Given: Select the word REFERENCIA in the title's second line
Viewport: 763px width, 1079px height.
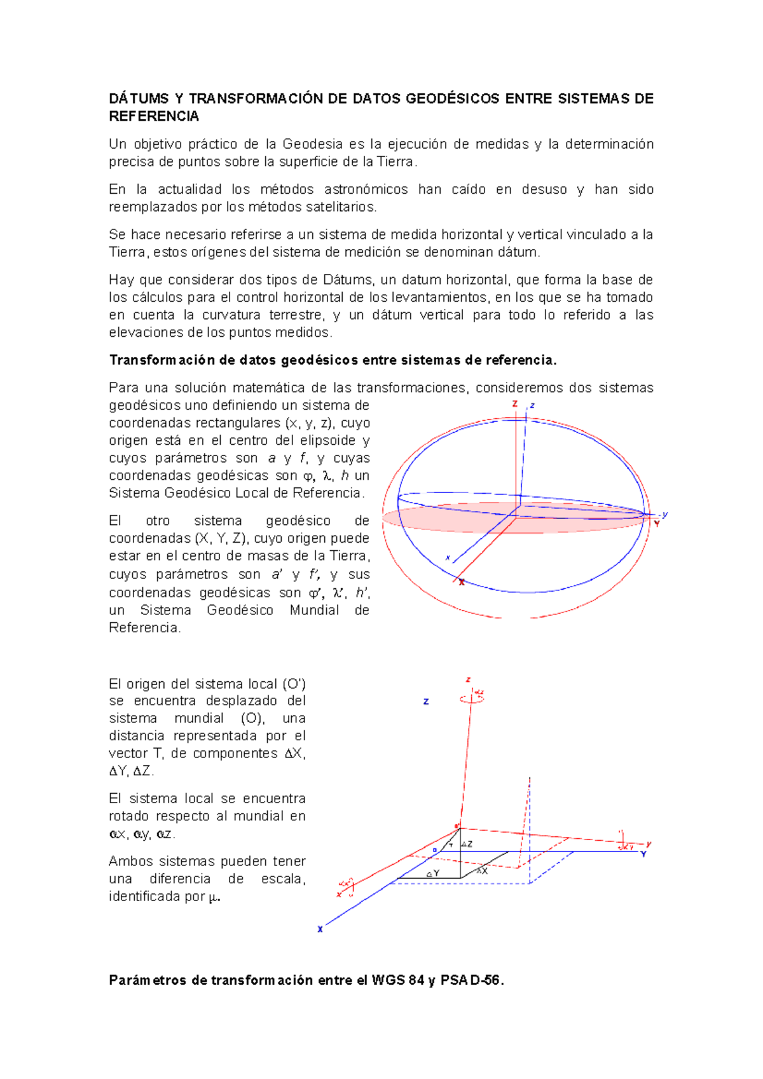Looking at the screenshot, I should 154,116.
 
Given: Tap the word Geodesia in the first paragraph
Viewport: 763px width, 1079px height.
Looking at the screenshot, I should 312,144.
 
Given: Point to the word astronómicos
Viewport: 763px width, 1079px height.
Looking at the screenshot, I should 366,189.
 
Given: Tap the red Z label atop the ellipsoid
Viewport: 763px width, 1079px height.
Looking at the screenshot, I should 515,404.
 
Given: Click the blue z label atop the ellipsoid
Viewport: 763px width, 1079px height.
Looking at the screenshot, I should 532,405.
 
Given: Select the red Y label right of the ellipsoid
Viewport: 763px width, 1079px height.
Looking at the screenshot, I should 657,524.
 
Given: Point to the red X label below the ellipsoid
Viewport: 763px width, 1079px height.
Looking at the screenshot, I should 462,582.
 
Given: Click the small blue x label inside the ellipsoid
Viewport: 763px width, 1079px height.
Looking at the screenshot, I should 448,558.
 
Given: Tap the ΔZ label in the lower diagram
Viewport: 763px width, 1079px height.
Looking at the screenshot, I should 467,845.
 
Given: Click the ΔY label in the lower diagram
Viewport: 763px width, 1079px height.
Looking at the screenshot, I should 433,874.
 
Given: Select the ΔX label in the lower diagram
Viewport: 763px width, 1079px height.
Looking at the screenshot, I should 482,871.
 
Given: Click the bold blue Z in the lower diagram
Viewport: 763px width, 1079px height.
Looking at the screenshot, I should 426,702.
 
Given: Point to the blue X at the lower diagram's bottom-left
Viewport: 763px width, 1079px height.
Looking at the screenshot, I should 320,929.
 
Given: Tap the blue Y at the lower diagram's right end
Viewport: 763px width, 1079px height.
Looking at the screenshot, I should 643,854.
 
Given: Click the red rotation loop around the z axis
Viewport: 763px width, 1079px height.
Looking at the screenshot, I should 471,698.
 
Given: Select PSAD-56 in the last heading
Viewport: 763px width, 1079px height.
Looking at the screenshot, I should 472,980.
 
